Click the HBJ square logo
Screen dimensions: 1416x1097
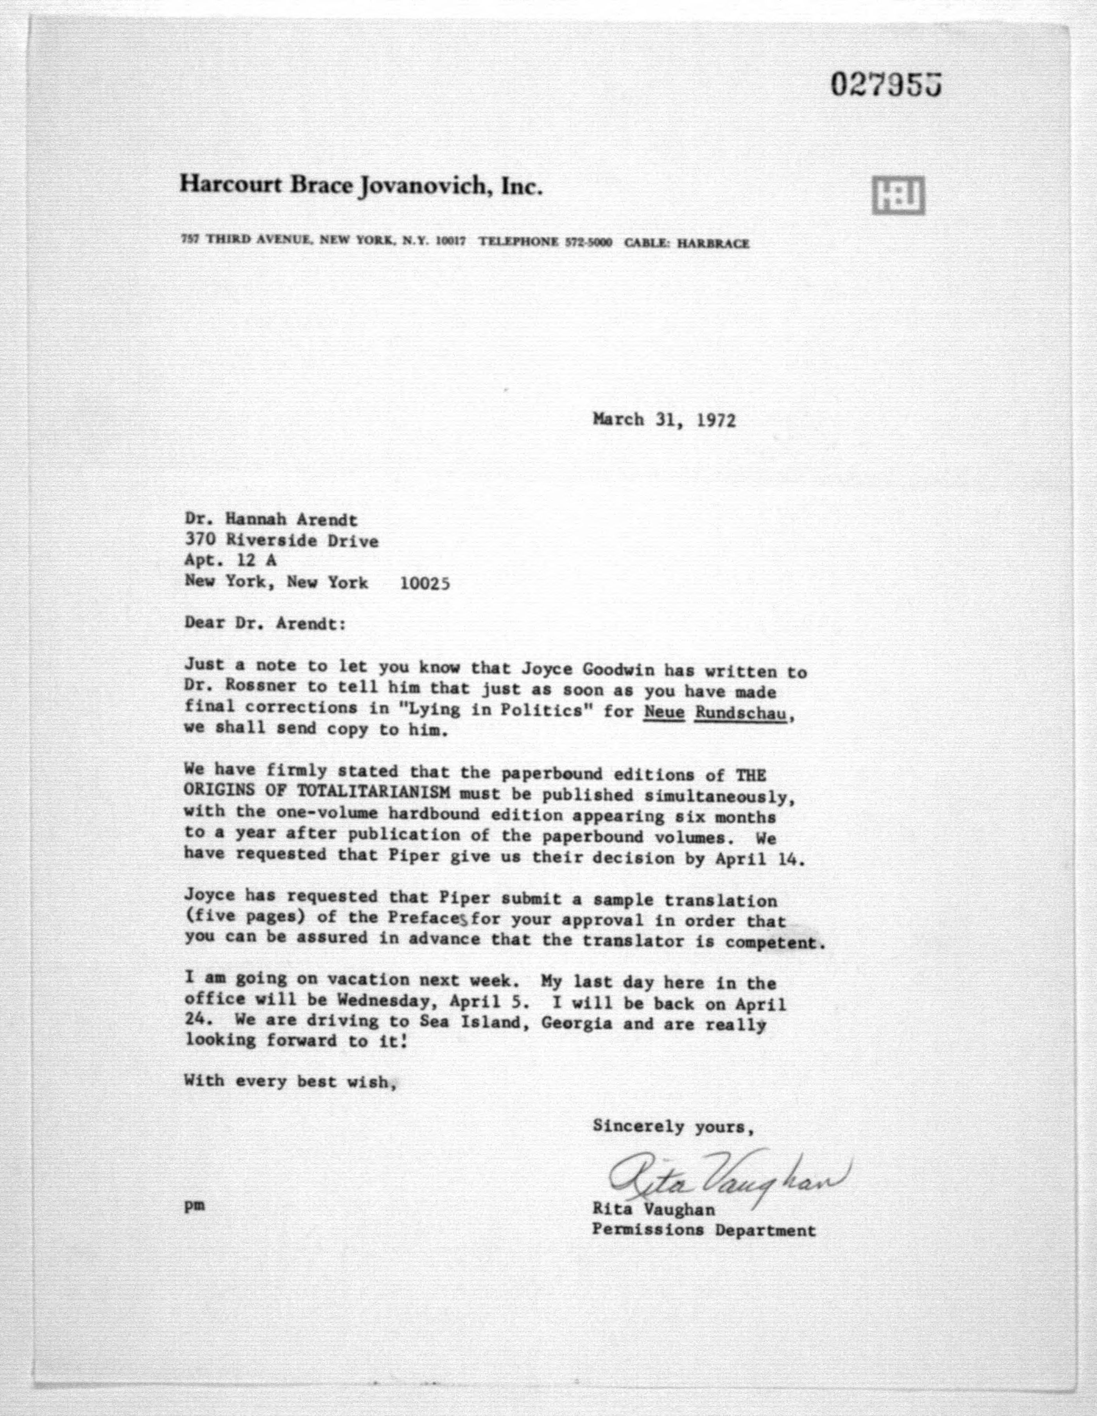[x=898, y=195]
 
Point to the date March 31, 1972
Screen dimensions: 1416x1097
[x=664, y=420]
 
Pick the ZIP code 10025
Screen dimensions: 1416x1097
[x=425, y=583]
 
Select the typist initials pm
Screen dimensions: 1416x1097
[x=194, y=1206]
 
